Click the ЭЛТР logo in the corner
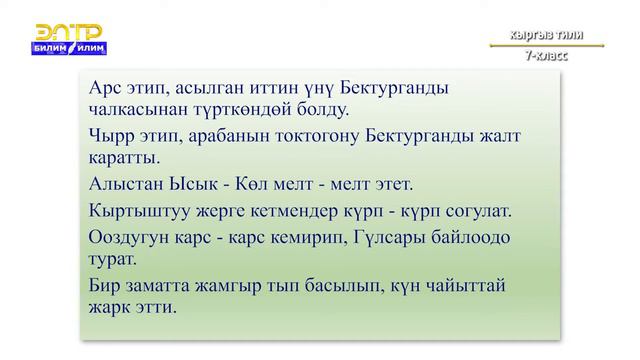tap(69, 38)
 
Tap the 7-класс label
tap(546, 56)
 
